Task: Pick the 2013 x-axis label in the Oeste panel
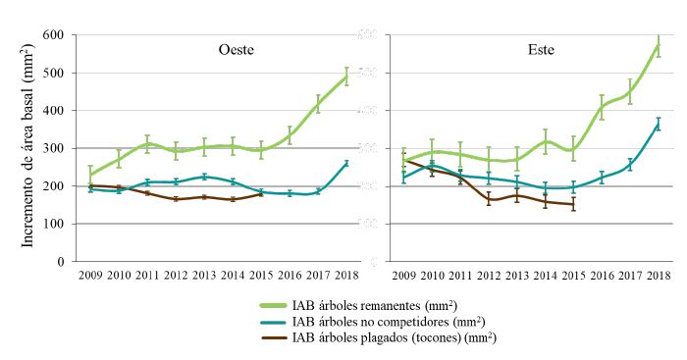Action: coord(204,276)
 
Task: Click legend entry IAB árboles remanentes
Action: coord(375,306)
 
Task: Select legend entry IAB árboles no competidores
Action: coord(389,322)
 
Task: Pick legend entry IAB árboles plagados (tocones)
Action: coord(396,337)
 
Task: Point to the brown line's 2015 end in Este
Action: coord(574,205)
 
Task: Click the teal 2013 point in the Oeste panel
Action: coord(204,177)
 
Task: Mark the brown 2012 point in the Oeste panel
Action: coord(176,199)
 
